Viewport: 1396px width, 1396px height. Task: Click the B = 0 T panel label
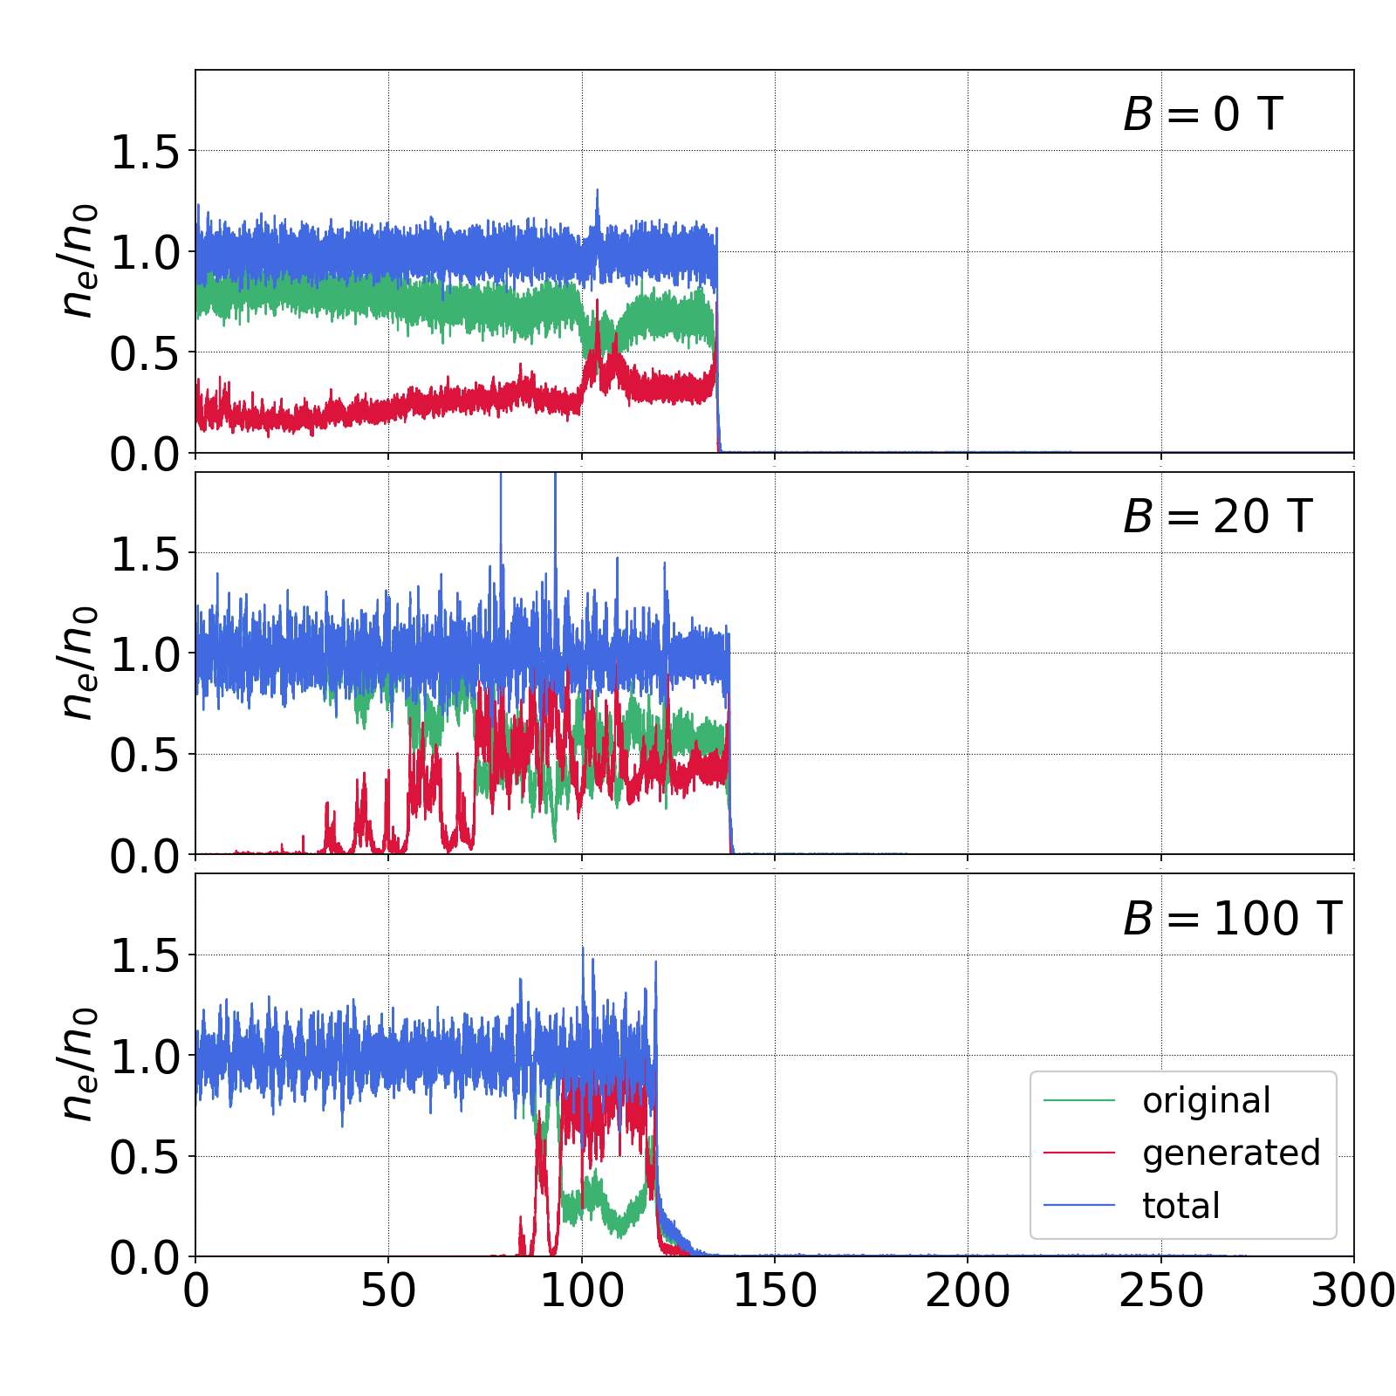pos(1202,114)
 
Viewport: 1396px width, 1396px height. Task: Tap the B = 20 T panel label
pos(1217,517)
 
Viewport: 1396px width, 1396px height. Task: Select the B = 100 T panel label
pos(1232,919)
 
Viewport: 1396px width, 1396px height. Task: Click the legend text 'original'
pos(1207,1101)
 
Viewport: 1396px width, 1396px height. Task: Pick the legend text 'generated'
pos(1231,1153)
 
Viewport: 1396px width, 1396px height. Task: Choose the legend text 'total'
pos(1180,1206)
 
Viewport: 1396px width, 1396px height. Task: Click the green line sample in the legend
pos(1079,1101)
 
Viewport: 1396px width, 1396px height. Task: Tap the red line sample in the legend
pos(1079,1153)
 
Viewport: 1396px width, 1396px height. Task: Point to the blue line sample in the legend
pos(1079,1206)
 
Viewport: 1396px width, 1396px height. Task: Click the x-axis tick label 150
pos(775,1290)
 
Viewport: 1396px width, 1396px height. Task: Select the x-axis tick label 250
pos(1161,1290)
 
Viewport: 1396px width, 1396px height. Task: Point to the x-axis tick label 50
pos(388,1290)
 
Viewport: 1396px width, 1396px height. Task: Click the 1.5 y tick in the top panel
pos(144,152)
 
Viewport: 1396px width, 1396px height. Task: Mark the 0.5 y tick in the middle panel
pos(144,756)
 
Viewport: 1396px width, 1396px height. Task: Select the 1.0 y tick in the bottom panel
pos(144,1057)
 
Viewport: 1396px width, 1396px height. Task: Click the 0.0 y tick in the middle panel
pos(144,857)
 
